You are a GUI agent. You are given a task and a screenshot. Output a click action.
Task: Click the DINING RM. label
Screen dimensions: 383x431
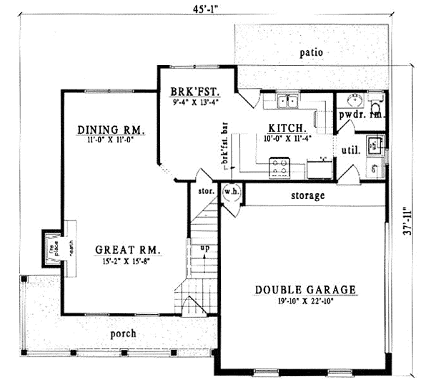(x=112, y=130)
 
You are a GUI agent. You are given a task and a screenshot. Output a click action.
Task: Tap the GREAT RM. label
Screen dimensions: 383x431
(x=129, y=251)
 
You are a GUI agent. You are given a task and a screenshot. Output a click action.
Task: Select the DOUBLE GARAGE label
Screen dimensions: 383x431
(x=305, y=289)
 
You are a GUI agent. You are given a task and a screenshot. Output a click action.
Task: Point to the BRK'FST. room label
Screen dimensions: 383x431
(x=194, y=92)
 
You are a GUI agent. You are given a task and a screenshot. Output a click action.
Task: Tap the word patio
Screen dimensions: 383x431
(x=311, y=52)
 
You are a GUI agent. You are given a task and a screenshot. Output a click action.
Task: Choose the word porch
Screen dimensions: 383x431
(x=122, y=334)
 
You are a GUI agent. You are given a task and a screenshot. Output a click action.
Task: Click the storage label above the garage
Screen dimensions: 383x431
(x=308, y=195)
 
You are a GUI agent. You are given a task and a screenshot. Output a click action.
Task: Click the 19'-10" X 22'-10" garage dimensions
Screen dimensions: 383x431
(x=305, y=301)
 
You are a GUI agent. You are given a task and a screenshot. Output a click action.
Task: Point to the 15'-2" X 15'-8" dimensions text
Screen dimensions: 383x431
(x=129, y=261)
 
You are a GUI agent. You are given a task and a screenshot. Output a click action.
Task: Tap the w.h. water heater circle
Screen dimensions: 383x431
(x=231, y=192)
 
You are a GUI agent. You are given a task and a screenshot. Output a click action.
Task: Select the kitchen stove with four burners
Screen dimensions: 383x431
(x=279, y=167)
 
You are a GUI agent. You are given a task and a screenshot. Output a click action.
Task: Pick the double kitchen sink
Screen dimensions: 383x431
(x=288, y=101)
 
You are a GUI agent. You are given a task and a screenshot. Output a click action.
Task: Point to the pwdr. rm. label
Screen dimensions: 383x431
(x=361, y=115)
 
